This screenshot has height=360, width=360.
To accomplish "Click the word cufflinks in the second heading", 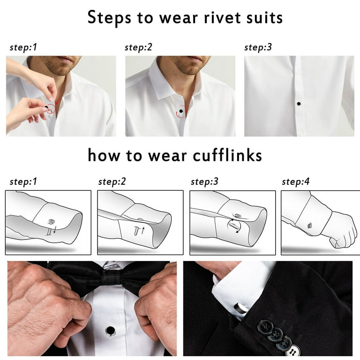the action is [x=227, y=156].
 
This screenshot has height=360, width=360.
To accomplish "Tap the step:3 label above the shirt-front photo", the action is [x=258, y=47].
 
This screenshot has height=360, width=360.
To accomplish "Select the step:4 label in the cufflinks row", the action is [x=295, y=182].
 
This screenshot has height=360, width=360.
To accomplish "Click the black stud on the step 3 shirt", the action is [x=299, y=104].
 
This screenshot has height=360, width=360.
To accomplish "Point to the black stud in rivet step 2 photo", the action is [x=181, y=111].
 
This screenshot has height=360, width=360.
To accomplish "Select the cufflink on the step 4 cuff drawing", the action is [x=310, y=226].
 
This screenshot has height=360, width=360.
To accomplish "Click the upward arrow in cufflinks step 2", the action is [x=143, y=230].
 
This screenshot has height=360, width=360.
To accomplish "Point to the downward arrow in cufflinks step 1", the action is [x=55, y=230].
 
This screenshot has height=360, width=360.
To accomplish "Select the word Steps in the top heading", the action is [x=109, y=18].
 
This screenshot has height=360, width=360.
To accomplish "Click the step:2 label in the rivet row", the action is [x=138, y=47].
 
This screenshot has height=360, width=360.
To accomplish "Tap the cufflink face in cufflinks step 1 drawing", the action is [x=51, y=222].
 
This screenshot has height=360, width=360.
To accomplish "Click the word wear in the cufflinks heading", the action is [x=167, y=156].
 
